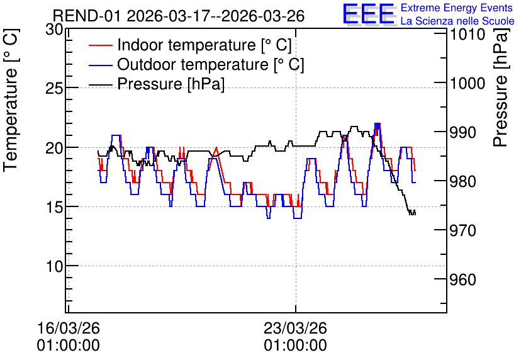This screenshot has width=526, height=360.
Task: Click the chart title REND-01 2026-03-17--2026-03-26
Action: coord(179,16)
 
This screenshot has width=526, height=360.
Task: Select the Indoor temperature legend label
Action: coord(204,45)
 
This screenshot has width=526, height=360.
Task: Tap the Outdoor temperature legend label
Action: coord(211,64)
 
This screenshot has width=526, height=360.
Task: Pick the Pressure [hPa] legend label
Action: coord(171,84)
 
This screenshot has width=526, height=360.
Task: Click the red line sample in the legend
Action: coord(100,45)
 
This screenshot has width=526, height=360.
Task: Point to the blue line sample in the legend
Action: coord(100,64)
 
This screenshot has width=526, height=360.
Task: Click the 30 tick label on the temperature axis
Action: coord(54,30)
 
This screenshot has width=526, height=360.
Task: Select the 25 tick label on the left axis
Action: coord(54,89)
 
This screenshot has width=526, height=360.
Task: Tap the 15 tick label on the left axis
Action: coord(54,207)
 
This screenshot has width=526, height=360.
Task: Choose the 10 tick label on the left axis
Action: coord(54,267)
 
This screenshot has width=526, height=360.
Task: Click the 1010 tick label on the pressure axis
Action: coord(467,34)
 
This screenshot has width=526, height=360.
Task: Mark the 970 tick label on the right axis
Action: coord(463,231)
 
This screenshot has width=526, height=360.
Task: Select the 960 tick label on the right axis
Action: coord(463,280)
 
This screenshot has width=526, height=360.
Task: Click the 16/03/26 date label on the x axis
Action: coord(69,328)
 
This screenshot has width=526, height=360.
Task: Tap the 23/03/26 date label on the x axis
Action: coord(296,328)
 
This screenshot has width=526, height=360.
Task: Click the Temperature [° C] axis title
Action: coord(11,100)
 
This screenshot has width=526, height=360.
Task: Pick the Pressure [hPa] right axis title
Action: coord(501,87)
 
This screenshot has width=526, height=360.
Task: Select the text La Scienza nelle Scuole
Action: coord(457,21)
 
